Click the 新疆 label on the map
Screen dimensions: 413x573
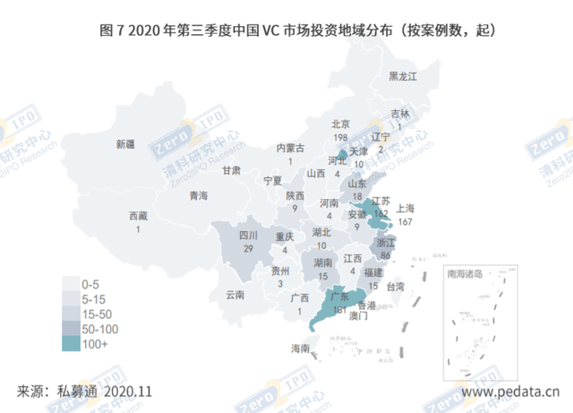click(124, 143)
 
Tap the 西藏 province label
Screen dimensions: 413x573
click(138, 217)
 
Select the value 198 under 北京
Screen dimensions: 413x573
click(340, 137)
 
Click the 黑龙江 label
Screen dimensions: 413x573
click(403, 77)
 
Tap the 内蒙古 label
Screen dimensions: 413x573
click(290, 148)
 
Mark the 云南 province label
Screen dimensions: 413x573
click(235, 293)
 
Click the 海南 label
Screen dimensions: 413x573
click(300, 348)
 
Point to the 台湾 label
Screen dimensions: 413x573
click(395, 287)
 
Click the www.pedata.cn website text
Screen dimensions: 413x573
click(511, 391)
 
